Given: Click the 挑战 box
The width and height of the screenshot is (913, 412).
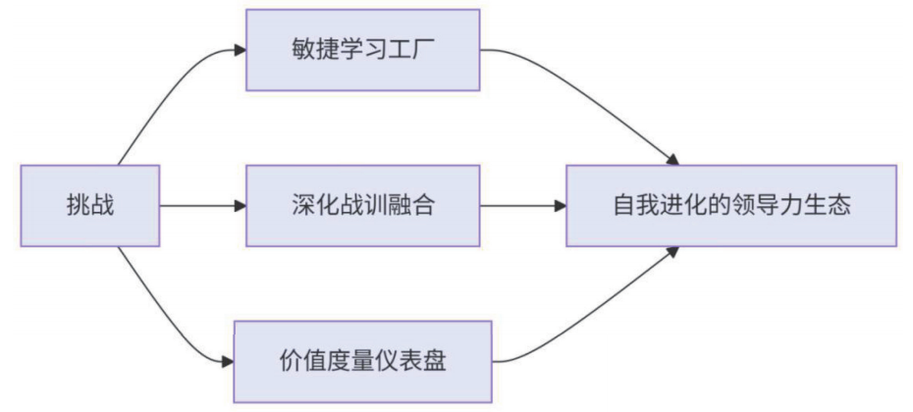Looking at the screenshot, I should (x=88, y=206).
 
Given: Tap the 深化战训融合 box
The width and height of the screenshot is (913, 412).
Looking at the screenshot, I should (x=362, y=206).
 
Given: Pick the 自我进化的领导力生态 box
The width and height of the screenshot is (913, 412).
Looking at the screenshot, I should (x=731, y=206).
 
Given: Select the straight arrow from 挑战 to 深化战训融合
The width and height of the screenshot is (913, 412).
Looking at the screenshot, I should (x=201, y=206).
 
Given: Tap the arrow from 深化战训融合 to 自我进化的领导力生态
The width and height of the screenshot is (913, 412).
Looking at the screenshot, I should (x=520, y=206).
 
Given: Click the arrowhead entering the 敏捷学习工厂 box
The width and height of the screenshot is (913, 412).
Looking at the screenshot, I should (x=239, y=48).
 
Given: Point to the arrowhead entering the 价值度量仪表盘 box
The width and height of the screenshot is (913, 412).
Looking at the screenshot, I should (x=228, y=360).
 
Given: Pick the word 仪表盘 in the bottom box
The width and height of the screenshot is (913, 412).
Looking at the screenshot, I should (x=413, y=360).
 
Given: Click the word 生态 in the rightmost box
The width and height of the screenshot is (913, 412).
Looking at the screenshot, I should (x=830, y=206).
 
